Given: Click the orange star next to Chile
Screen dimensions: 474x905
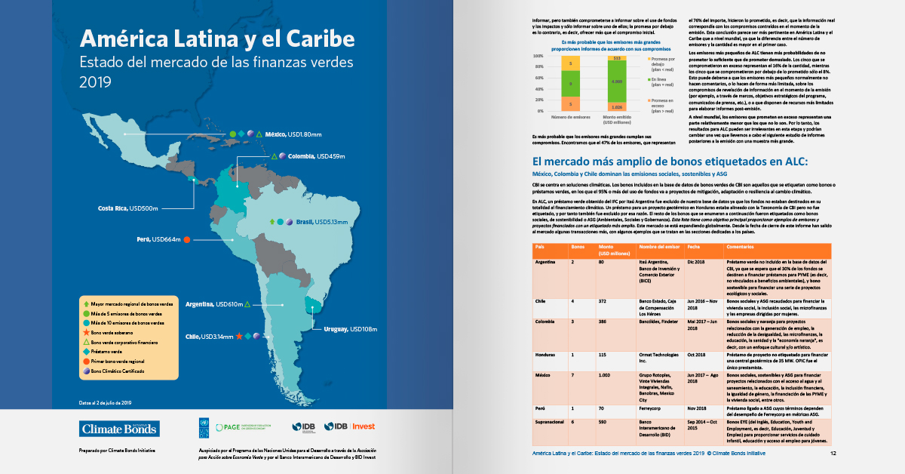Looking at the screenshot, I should click(238, 336).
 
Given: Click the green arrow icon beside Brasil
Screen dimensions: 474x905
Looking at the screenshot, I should click(271, 222).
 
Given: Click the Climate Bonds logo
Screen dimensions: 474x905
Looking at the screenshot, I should click(120, 429).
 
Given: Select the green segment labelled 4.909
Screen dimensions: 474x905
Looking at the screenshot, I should click(617, 81).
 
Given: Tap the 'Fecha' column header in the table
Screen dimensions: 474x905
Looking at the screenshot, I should click(694, 247).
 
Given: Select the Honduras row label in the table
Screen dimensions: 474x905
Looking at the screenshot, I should click(547, 354).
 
